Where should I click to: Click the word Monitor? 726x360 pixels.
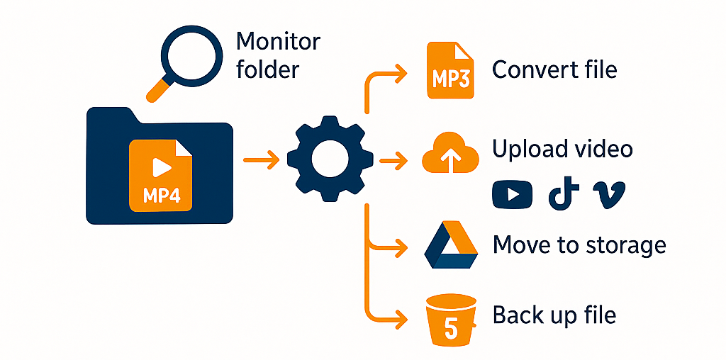(278, 40)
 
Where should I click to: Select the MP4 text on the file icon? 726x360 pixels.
(162, 195)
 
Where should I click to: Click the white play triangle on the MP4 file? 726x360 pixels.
(162, 167)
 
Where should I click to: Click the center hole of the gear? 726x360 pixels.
(329, 156)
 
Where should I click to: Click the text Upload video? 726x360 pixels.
(562, 149)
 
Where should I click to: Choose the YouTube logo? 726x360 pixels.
(512, 194)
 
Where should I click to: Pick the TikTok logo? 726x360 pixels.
(563, 194)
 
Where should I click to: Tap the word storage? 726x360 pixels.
(626, 245)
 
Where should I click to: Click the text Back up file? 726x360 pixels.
(554, 315)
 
